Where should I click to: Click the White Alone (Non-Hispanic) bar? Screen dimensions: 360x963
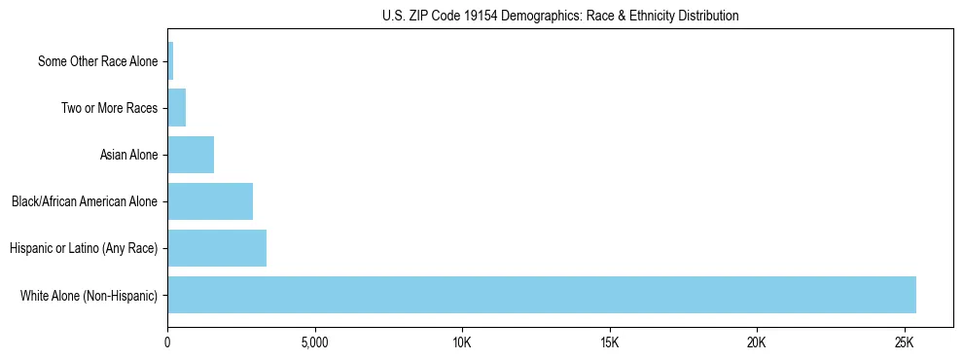pyautogui.click(x=542, y=295)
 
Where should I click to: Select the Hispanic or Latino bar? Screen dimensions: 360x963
pyautogui.click(x=217, y=248)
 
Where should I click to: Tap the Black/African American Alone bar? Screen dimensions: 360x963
pyautogui.click(x=210, y=201)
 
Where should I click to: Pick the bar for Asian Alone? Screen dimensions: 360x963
pyautogui.click(x=191, y=155)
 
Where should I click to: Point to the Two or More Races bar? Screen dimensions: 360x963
pyautogui.click(x=177, y=108)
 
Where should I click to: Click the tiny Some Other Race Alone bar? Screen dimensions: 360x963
pyautogui.click(x=170, y=61)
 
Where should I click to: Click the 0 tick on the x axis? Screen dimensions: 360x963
pyautogui.click(x=168, y=343)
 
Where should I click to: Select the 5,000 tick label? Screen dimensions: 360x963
pyautogui.click(x=315, y=343)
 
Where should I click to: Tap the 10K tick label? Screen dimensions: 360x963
pyautogui.click(x=462, y=343)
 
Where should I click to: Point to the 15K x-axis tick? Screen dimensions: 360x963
pyautogui.click(x=610, y=343)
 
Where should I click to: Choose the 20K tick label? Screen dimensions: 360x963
pyautogui.click(x=757, y=343)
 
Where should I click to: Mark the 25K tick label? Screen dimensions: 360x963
pyautogui.click(x=905, y=343)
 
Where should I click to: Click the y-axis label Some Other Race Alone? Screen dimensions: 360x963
pyautogui.click(x=97, y=61)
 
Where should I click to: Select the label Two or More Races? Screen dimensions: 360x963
pyautogui.click(x=109, y=108)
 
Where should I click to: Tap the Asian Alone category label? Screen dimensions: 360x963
pyautogui.click(x=128, y=155)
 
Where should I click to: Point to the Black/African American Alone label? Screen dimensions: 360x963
pyautogui.click(x=84, y=201)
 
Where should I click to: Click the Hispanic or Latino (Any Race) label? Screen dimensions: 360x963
pyautogui.click(x=83, y=248)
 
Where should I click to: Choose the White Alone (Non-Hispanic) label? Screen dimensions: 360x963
pyautogui.click(x=89, y=295)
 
